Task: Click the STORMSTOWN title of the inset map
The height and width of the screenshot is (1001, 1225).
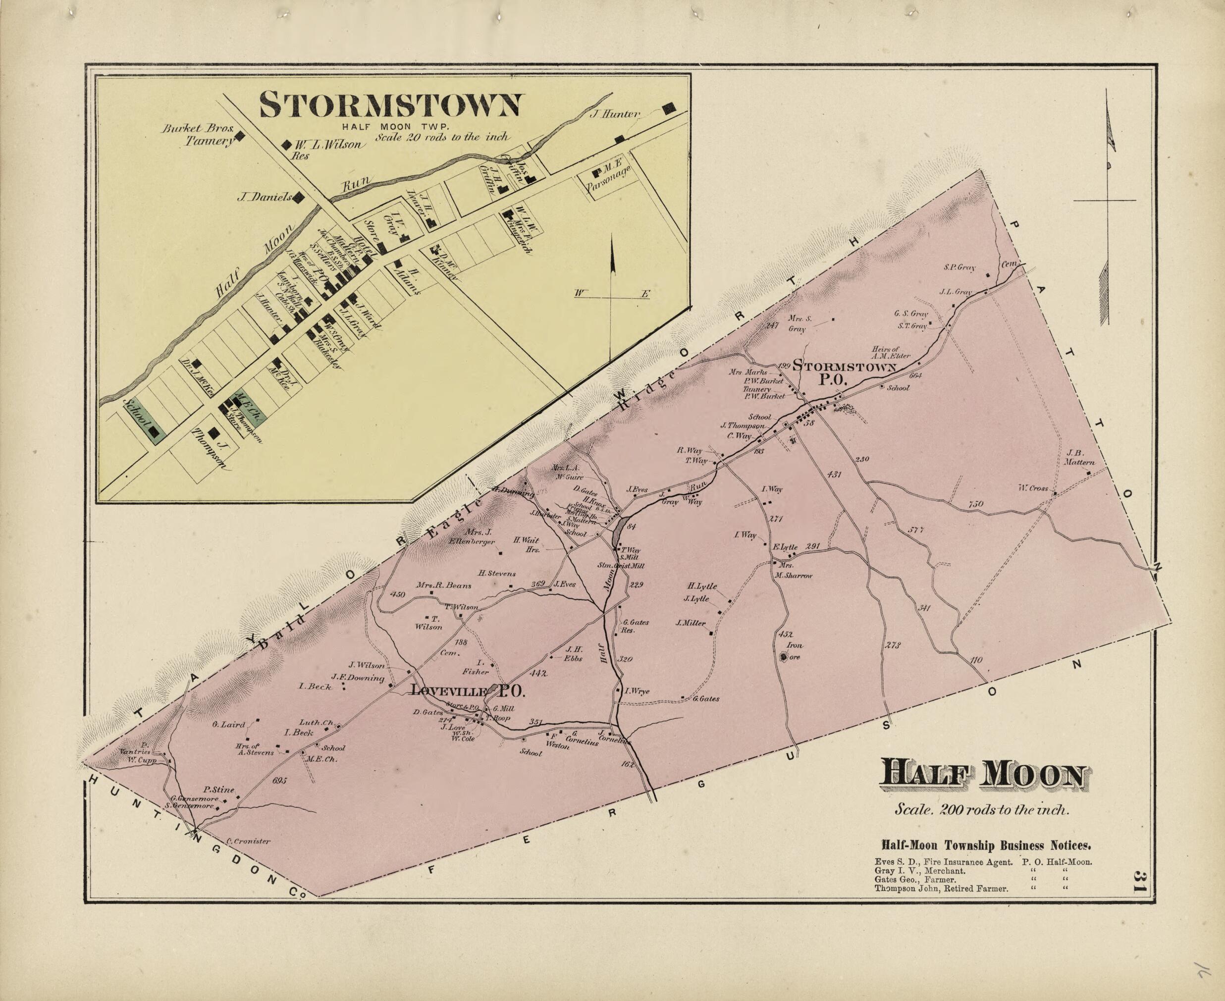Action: point(390,105)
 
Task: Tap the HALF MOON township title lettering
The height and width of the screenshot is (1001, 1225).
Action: point(983,775)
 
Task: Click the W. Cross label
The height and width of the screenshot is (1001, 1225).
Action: point(1032,488)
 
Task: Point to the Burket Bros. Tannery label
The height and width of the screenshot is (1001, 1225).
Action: point(200,134)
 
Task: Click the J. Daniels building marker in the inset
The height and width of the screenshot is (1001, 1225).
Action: point(299,198)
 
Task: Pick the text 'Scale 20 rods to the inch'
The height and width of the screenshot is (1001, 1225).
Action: point(442,137)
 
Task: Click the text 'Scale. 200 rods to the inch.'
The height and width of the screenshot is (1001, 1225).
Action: point(982,809)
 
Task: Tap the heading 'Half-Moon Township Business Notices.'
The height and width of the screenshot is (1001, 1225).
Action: point(986,846)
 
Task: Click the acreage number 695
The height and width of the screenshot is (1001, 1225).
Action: point(279,781)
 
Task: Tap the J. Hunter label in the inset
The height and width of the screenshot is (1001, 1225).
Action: point(615,114)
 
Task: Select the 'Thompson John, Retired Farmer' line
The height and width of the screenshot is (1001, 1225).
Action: point(941,889)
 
